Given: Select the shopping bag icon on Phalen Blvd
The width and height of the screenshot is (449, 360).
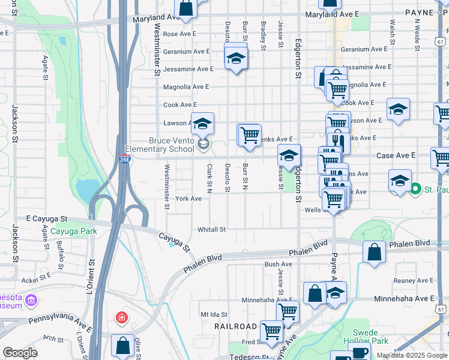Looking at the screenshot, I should tap(374, 252).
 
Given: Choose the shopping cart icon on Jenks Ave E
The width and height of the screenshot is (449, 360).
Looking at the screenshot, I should tap(250, 134).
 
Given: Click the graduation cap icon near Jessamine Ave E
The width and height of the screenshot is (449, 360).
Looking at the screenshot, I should tap(236, 59).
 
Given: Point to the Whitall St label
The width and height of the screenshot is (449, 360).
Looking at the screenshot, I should tap(211, 229).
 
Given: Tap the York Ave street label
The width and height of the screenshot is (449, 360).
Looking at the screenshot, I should tap(188, 199).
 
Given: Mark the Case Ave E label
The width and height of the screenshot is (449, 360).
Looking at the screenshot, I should tap(396, 155).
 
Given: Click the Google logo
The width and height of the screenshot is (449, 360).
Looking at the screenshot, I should tap(20, 353).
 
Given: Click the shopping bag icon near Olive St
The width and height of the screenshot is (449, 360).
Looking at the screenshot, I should tap(123, 345).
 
